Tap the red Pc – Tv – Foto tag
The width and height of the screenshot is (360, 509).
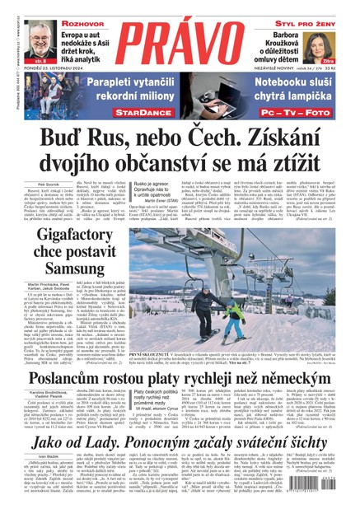click(x=277, y=107)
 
